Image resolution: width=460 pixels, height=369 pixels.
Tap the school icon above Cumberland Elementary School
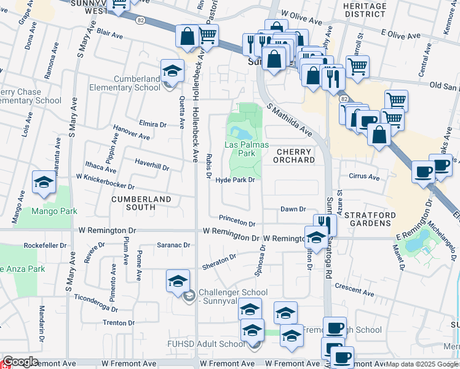(x=172, y=71)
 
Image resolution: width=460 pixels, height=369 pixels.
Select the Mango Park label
(x=55, y=211)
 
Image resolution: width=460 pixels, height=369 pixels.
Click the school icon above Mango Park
(x=44, y=183)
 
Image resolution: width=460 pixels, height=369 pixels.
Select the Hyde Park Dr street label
(x=235, y=180)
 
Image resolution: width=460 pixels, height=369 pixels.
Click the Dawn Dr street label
(x=293, y=209)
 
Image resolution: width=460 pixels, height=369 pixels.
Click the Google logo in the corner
(x=20, y=362)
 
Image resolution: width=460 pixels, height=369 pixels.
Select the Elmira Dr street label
(x=154, y=124)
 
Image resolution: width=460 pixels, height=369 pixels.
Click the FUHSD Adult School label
(x=206, y=344)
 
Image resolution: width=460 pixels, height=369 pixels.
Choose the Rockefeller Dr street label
(x=44, y=245)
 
